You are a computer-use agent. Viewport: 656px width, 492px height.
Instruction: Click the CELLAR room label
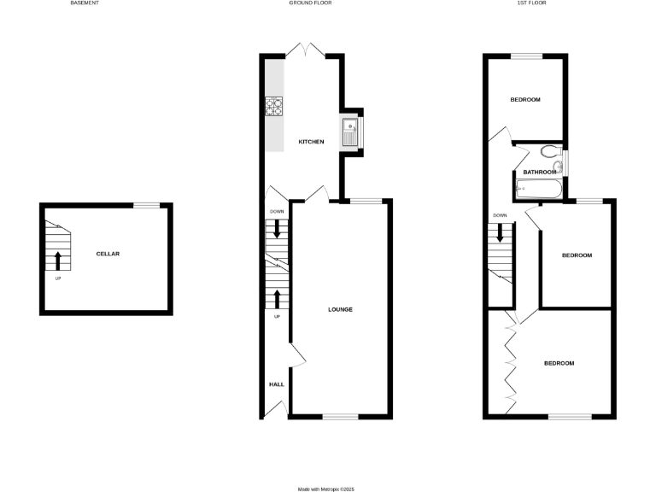click(x=108, y=254)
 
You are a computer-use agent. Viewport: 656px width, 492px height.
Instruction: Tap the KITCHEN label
click(x=311, y=141)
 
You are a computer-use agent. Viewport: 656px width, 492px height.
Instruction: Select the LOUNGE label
click(x=340, y=309)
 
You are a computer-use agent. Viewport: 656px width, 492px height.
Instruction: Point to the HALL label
click(x=277, y=384)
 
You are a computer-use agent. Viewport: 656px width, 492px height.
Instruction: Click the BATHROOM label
click(x=540, y=172)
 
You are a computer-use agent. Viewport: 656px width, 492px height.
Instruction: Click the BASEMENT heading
click(x=84, y=3)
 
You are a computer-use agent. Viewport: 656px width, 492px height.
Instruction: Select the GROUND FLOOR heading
click(x=310, y=3)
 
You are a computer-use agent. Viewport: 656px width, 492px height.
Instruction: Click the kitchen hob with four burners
click(x=273, y=107)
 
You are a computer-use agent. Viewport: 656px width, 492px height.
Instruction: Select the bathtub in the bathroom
click(x=538, y=189)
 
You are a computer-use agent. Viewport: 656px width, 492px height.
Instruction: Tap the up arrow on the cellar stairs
click(x=58, y=261)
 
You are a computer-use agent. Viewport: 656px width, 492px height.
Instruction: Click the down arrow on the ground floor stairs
click(x=277, y=229)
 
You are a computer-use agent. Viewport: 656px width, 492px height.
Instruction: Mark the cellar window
click(x=149, y=205)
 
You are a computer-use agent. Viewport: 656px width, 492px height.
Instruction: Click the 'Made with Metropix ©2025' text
click(x=325, y=489)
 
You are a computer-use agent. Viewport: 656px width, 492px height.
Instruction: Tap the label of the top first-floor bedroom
click(x=525, y=100)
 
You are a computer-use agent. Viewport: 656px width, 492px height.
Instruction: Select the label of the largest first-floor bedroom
click(x=559, y=363)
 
